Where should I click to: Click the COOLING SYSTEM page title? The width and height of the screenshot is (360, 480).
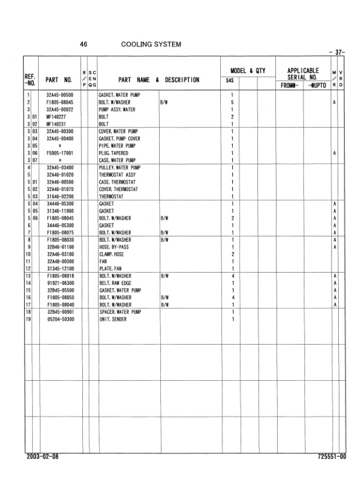(x=151, y=44)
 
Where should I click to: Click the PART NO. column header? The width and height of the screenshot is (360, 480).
(x=59, y=80)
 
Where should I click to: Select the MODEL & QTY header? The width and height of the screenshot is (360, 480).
(x=244, y=71)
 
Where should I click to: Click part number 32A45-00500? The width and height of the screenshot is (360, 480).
(x=60, y=96)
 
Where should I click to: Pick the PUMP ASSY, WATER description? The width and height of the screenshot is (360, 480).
(x=117, y=110)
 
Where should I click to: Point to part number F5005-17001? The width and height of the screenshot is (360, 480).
(x=60, y=154)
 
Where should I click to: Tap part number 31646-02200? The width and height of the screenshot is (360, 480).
(x=60, y=197)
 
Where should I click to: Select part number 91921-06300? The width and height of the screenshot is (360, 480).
(x=60, y=284)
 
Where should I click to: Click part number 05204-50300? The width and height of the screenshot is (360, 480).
(x=60, y=319)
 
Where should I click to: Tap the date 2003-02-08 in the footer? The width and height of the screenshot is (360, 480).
(x=43, y=458)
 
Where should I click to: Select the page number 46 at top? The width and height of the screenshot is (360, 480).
(x=84, y=44)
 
